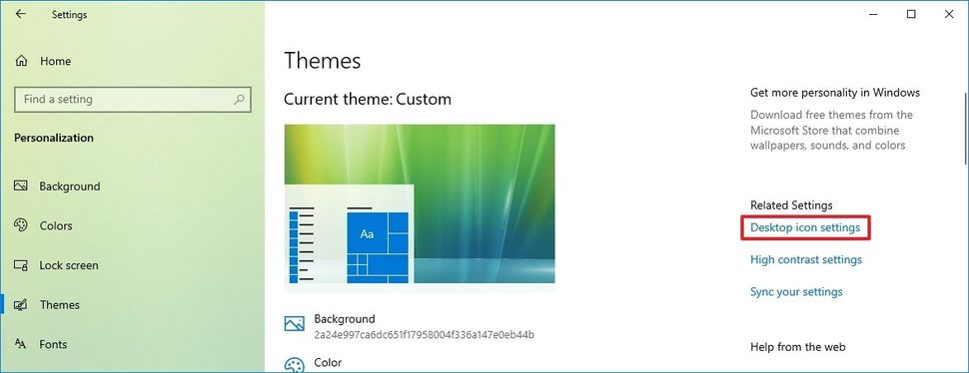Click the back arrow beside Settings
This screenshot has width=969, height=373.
[x=21, y=14]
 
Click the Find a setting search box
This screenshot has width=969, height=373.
[x=132, y=100]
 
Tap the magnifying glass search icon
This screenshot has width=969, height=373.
[x=239, y=100]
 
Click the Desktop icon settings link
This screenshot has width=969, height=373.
[x=804, y=227]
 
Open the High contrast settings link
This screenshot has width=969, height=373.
[x=806, y=259]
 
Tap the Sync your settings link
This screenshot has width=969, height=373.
[x=796, y=291]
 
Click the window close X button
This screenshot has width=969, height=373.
[x=949, y=14]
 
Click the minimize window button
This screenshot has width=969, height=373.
[x=873, y=14]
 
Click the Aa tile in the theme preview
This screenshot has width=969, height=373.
[x=367, y=233]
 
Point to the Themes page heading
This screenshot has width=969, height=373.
[x=322, y=61]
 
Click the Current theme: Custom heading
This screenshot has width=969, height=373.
[x=367, y=100]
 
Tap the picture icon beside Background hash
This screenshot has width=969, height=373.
[x=294, y=324]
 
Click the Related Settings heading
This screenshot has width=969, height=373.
[x=791, y=205]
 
